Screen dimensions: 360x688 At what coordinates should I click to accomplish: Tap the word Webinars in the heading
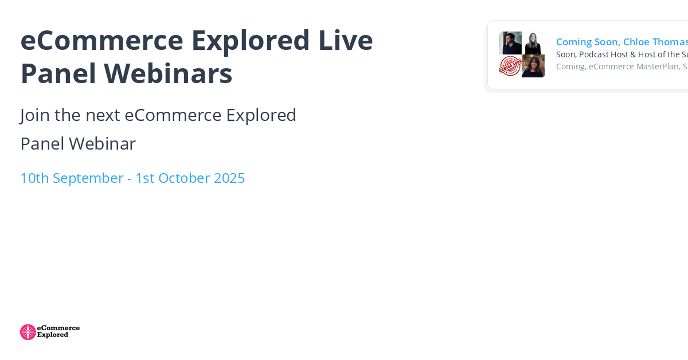pyautogui.click(x=168, y=73)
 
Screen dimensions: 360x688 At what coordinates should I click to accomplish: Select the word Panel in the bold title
pyautogui.click(x=57, y=73)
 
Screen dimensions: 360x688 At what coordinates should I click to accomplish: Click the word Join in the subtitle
pyautogui.click(x=35, y=115)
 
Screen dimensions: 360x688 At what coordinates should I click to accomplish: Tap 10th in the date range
pyautogui.click(x=34, y=178)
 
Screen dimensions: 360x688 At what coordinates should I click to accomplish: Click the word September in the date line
pyautogui.click(x=88, y=178)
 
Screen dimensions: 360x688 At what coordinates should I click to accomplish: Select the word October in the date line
pyautogui.click(x=183, y=178)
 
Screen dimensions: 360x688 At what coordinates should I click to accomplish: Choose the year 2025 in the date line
pyautogui.click(x=229, y=178)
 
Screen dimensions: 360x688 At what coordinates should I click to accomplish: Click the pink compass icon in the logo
pyautogui.click(x=28, y=332)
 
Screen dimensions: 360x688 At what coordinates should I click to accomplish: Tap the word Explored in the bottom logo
pyautogui.click(x=53, y=335)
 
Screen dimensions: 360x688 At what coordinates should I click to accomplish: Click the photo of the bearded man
pyautogui.click(x=510, y=43)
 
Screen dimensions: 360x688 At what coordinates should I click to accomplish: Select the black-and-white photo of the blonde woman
pyautogui.click(x=533, y=43)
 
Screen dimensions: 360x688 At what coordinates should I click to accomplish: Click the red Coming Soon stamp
pyautogui.click(x=510, y=66)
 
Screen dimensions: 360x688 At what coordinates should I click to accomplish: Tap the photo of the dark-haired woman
pyautogui.click(x=533, y=66)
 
